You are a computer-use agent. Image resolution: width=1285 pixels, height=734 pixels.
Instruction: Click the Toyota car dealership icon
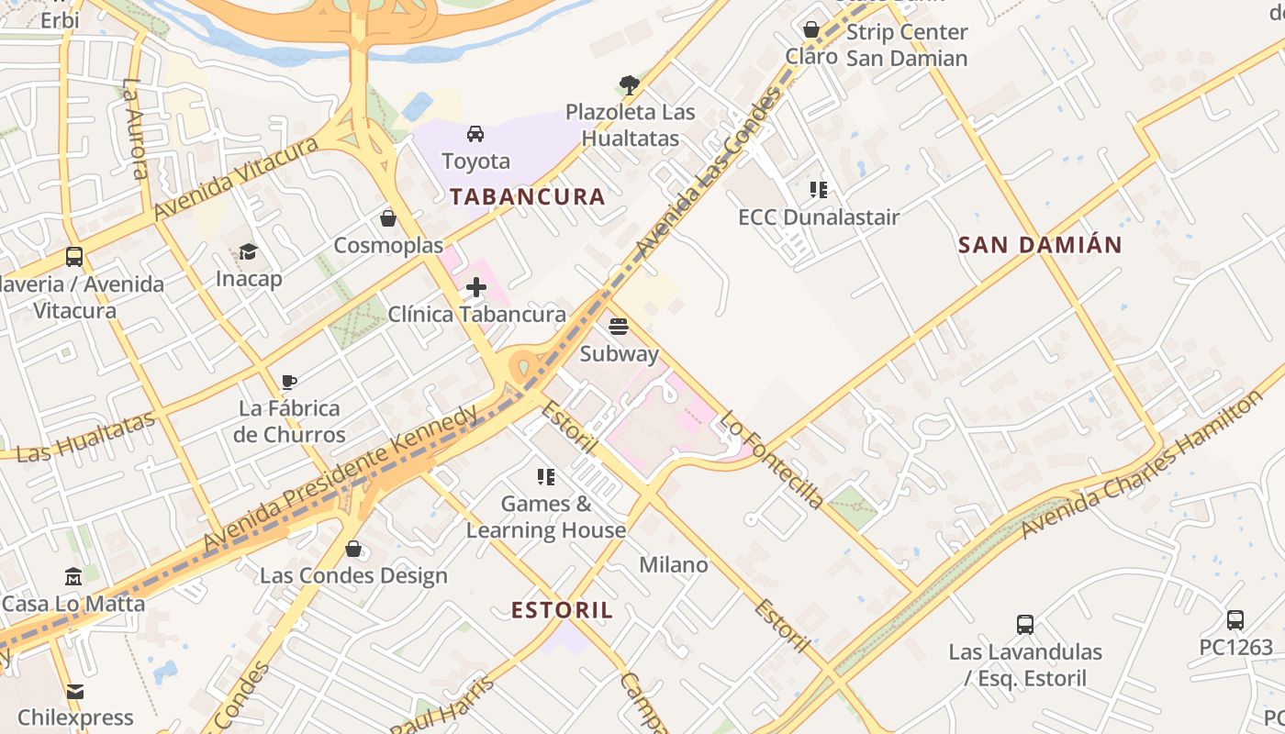pyautogui.click(x=475, y=134)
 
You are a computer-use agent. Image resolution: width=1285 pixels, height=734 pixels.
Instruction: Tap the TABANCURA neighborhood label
pyautogui.click(x=527, y=196)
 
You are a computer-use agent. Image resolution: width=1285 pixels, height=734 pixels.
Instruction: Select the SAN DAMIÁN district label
pyautogui.click(x=1040, y=245)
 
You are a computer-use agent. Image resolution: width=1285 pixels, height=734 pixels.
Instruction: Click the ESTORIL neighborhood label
pyautogui.click(x=562, y=610)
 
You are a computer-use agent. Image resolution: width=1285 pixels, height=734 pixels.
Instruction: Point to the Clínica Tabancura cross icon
pyautogui.click(x=475, y=287)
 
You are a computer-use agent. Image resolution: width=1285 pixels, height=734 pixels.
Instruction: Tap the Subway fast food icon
pyautogui.click(x=619, y=327)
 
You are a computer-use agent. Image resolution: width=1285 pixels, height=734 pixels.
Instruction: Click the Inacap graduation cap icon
pyautogui.click(x=248, y=251)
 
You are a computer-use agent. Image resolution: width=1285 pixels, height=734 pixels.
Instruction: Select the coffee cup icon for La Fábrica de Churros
pyautogui.click(x=289, y=382)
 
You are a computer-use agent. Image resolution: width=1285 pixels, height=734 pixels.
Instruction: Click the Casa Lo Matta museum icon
pyautogui.click(x=73, y=576)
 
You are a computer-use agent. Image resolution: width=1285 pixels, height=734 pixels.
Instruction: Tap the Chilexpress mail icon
pyautogui.click(x=74, y=691)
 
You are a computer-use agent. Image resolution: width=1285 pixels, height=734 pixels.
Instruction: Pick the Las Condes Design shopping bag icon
pyautogui.click(x=353, y=549)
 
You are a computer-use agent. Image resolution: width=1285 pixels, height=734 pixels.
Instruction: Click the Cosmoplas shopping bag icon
pyautogui.click(x=388, y=218)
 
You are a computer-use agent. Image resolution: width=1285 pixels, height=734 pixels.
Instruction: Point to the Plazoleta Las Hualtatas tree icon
pyautogui.click(x=629, y=85)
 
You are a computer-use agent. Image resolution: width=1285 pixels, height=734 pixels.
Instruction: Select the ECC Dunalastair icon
pyautogui.click(x=818, y=190)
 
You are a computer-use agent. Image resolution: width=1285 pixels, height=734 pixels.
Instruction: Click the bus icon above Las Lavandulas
pyautogui.click(x=1025, y=625)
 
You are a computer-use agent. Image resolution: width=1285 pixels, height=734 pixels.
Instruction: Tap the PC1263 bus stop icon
pyautogui.click(x=1235, y=619)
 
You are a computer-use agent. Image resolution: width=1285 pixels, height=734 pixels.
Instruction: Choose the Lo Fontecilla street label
pyautogui.click(x=771, y=459)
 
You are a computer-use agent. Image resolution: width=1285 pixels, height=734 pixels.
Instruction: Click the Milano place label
pyautogui.click(x=674, y=565)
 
